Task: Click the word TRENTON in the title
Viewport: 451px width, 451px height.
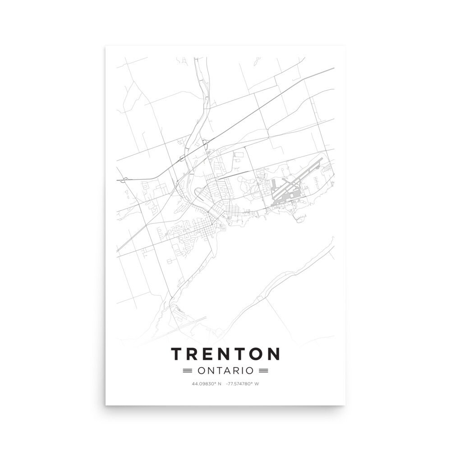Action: tap(225, 354)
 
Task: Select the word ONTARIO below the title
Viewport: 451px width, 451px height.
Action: tap(225, 371)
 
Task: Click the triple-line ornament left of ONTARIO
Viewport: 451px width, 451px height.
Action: tap(187, 371)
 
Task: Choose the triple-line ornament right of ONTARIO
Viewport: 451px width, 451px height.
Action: tap(264, 371)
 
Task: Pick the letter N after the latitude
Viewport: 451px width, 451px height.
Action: tap(220, 384)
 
